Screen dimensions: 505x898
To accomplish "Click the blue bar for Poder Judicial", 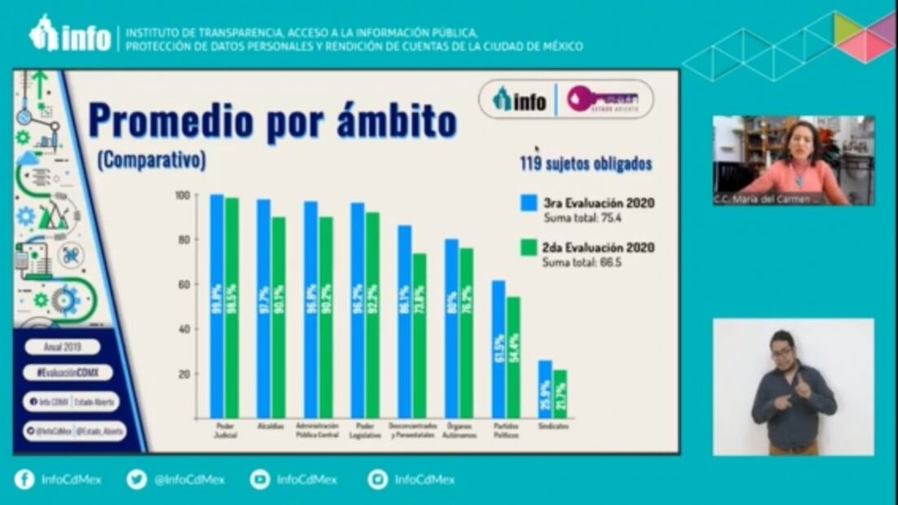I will [x=217, y=305].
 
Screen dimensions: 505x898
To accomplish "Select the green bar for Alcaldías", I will [x=279, y=318].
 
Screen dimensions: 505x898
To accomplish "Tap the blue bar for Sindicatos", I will [x=545, y=389].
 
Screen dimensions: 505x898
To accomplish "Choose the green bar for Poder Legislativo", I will [x=372, y=314].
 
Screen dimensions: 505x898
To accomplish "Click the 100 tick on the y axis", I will [x=183, y=195].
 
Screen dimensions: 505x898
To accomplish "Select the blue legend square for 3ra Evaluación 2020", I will [x=529, y=203].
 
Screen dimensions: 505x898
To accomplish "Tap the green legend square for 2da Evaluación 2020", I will [x=529, y=247].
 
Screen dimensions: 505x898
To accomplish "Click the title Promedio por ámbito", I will [x=272, y=121].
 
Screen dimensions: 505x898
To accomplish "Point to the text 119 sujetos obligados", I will [x=586, y=164].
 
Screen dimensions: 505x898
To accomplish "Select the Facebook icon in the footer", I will [x=24, y=480].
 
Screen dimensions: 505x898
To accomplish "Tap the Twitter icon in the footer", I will [x=137, y=480].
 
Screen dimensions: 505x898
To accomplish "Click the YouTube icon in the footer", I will [x=260, y=480].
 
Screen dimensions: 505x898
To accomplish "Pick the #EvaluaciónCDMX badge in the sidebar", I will [x=68, y=372].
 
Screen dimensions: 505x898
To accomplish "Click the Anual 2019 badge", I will [x=62, y=347].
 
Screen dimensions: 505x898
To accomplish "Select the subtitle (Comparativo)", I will [x=152, y=160].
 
